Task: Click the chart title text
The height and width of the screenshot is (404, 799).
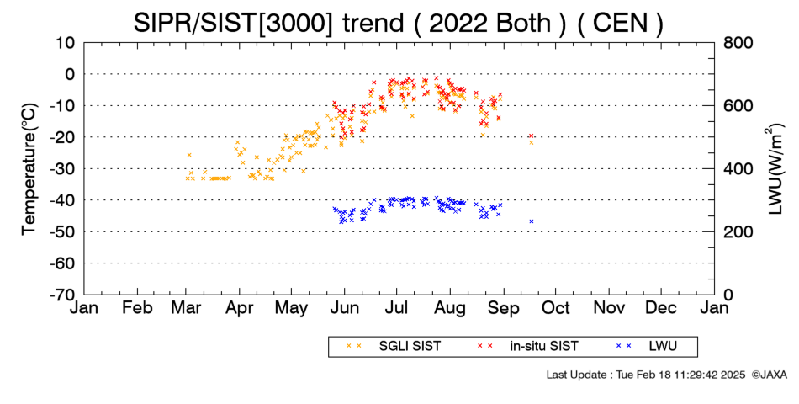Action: [399, 23]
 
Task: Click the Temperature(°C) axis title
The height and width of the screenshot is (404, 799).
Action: [29, 169]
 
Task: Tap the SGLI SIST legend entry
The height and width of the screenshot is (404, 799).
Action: [394, 347]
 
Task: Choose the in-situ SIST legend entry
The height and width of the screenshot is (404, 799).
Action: [528, 347]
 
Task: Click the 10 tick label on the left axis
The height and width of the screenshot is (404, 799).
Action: [66, 42]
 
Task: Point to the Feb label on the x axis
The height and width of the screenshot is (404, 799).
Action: [138, 308]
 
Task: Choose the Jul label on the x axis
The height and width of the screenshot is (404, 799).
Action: [396, 308]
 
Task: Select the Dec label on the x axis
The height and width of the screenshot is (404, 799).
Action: [661, 308]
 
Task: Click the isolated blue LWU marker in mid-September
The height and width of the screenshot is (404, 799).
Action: [532, 221]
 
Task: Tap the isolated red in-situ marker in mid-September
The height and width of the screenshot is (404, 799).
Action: [531, 136]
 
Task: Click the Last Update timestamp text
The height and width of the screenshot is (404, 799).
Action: [646, 375]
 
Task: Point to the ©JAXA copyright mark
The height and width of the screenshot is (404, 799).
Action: [769, 375]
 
